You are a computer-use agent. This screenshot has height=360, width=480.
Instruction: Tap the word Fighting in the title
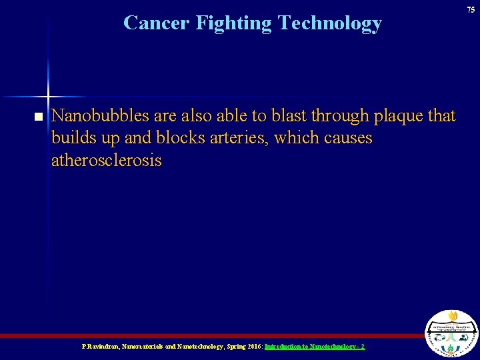[x=233, y=23]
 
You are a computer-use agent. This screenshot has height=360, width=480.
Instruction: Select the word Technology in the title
[x=330, y=23]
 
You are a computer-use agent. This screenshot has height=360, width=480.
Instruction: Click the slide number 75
[x=471, y=9]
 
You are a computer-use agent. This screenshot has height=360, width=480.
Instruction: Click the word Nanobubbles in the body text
[x=101, y=116]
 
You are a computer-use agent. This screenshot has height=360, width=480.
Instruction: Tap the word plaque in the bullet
[x=400, y=117]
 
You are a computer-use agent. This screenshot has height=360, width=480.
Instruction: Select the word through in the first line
[x=343, y=116]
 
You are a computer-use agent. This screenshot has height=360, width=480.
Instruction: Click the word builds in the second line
[x=72, y=139]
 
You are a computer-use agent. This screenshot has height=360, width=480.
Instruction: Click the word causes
[x=346, y=139]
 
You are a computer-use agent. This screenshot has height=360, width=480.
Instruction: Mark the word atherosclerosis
[x=106, y=161]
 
